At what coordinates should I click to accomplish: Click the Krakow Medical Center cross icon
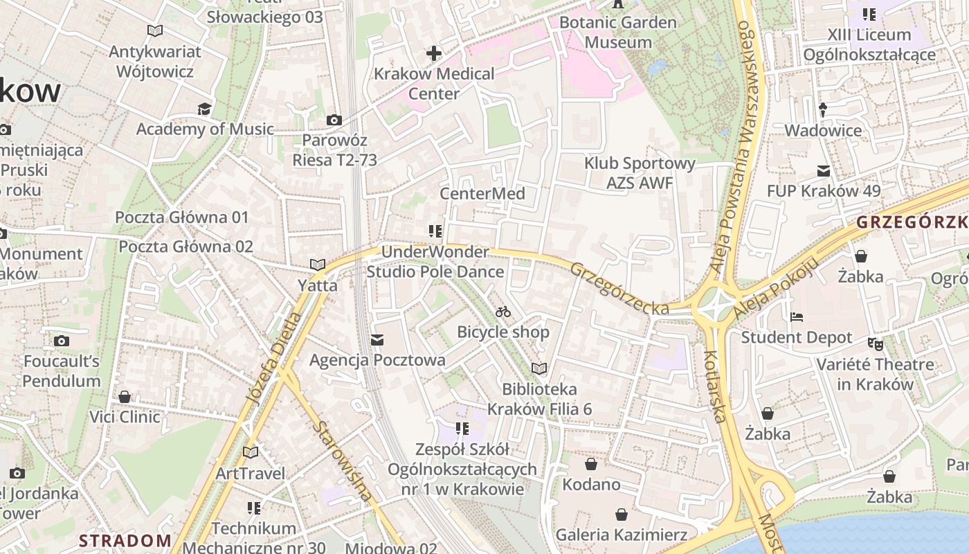434,53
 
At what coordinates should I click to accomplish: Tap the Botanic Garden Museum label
617,32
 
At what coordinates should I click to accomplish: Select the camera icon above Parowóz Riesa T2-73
334,120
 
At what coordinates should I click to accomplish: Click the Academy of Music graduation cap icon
204,109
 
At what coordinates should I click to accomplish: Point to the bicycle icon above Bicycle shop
503,312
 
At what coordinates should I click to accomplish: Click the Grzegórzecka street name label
619,288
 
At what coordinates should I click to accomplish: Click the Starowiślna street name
342,460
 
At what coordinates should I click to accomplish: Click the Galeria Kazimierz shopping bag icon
622,515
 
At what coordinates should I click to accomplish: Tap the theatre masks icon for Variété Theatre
876,343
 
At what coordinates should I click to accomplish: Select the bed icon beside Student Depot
797,317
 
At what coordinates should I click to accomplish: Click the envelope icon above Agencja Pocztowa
377,339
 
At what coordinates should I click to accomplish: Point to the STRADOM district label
125,540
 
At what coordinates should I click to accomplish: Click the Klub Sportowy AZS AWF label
640,173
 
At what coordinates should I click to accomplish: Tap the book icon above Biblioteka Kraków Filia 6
539,368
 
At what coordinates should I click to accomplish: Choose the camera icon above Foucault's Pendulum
62,341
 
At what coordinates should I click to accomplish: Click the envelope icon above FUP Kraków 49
824,170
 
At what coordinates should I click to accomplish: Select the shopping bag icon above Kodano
591,463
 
